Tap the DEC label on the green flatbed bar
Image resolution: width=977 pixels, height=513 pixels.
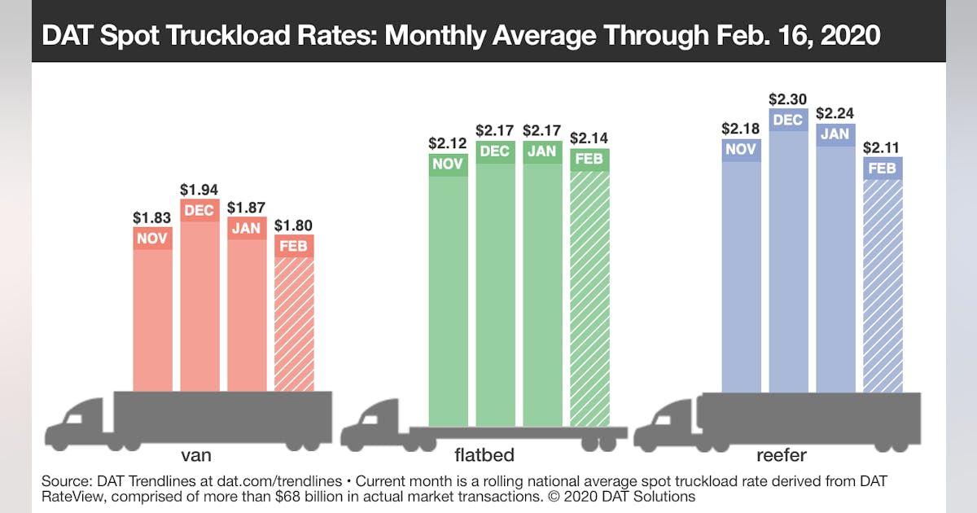[495, 151]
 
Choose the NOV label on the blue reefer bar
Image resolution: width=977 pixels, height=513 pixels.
[742, 150]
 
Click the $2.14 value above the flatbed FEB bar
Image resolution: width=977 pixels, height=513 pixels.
[589, 138]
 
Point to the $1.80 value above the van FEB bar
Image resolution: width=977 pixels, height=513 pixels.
[294, 225]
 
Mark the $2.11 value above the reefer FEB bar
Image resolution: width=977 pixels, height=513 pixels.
[883, 147]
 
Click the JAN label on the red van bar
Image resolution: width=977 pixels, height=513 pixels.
[247, 229]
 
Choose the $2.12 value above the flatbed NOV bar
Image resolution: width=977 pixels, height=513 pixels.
[448, 143]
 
